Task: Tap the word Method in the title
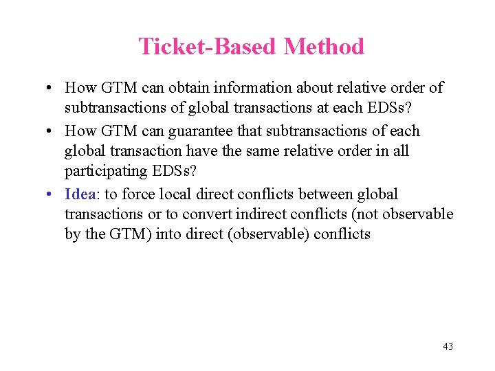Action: click(324, 47)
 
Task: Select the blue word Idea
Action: click(80, 194)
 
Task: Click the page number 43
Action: click(448, 346)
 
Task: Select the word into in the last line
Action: click(168, 234)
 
